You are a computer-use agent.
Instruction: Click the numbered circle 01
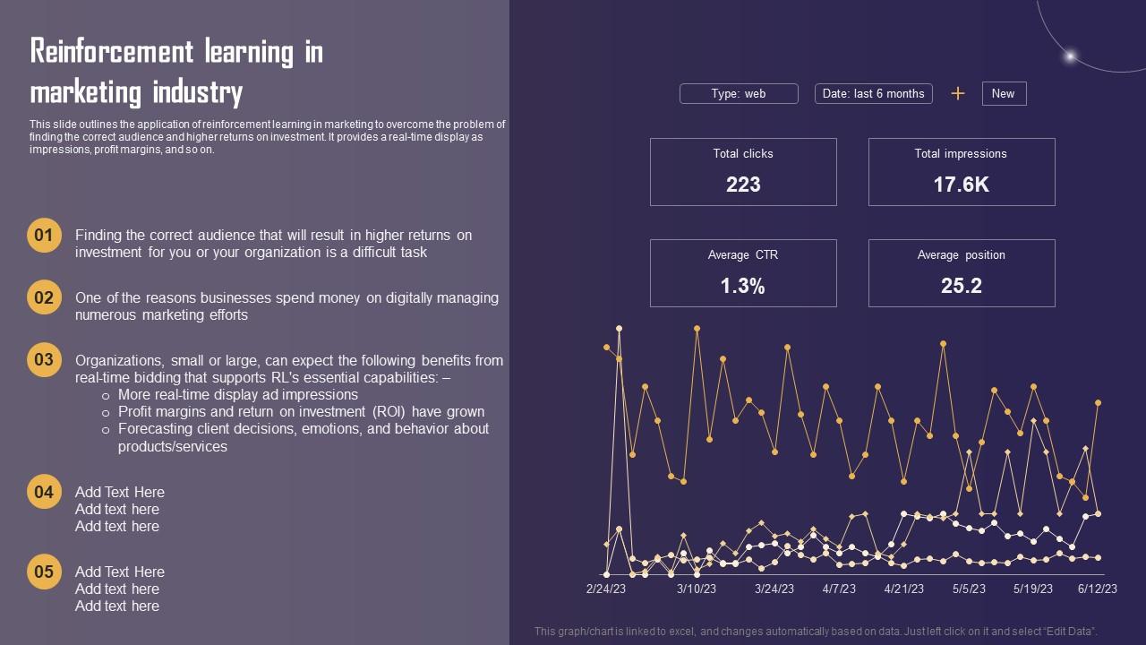[44, 236]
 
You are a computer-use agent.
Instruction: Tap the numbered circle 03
[44, 360]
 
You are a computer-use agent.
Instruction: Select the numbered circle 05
[44, 572]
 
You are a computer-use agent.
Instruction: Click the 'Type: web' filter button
[739, 94]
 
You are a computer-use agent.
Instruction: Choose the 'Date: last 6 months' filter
[873, 94]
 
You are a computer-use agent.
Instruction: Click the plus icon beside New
[957, 93]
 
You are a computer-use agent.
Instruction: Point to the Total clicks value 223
[743, 185]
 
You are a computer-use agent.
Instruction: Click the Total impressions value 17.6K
[961, 185]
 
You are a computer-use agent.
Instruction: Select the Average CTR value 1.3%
[743, 286]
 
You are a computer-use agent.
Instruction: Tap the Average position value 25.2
[961, 286]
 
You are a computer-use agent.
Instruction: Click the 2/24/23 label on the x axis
[606, 589]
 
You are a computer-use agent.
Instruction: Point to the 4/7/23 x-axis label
[839, 589]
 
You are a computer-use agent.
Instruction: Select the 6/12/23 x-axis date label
[1097, 589]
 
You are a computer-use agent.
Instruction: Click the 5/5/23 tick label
[969, 589]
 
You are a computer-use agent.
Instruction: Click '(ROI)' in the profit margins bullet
[393, 412]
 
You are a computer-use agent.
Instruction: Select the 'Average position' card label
[961, 255]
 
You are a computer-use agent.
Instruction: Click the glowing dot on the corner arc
[1069, 56]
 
